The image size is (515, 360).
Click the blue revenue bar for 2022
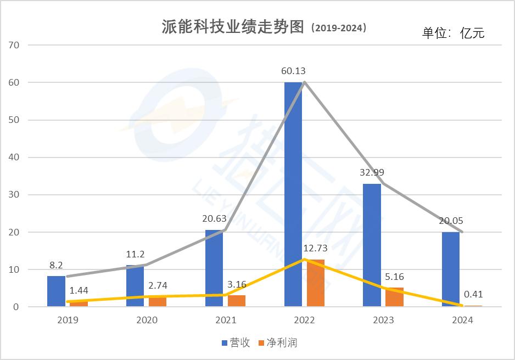coord(293,194)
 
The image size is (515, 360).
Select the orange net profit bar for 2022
coord(316,283)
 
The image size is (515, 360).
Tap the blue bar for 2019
coord(56,291)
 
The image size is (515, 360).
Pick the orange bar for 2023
coord(394,297)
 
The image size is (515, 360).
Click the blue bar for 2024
coord(451,269)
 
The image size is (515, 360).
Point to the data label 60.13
coord(293,71)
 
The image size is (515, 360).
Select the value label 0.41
coord(473,294)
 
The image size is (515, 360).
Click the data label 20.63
coord(214,218)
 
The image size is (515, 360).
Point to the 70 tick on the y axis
coord(14,45)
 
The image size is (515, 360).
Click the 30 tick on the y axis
coord(14,195)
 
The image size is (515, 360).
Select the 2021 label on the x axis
coord(226,320)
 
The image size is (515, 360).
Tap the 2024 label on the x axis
coord(462,320)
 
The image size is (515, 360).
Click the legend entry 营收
coord(236,343)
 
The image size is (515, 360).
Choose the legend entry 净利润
coord(277,343)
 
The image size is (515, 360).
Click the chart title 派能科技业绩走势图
coord(233,27)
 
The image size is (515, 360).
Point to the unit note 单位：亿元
coord(454,32)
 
